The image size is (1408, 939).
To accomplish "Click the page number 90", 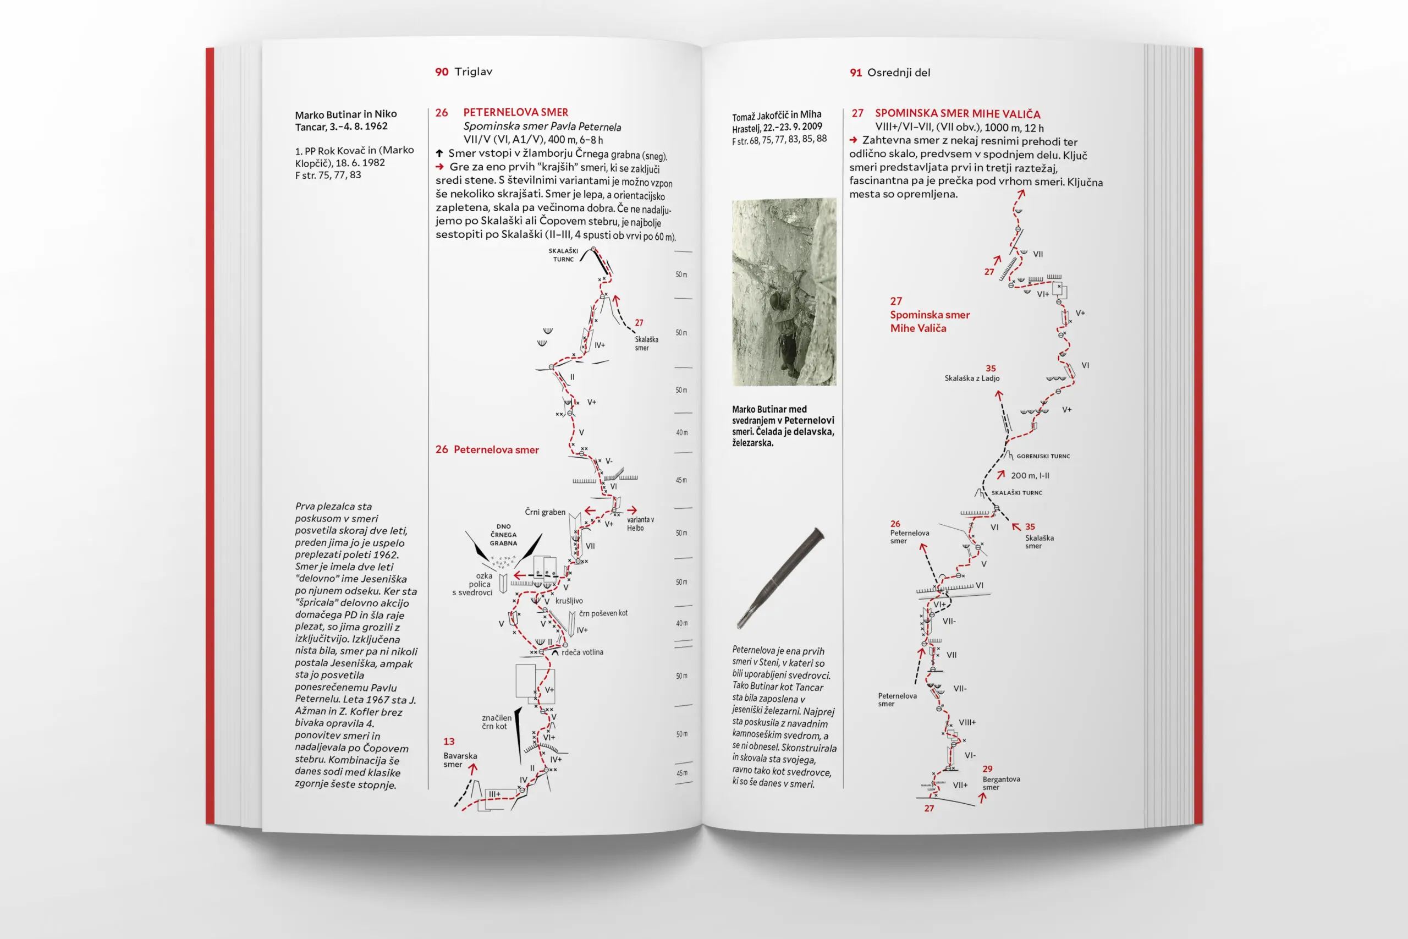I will click(x=441, y=72).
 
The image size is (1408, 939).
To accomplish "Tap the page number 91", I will click(x=855, y=73).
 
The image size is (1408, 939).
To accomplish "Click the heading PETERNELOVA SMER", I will click(x=515, y=112).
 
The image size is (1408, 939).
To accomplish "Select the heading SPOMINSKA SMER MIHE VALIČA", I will click(x=957, y=113).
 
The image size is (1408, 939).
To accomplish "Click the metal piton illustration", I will click(x=780, y=578).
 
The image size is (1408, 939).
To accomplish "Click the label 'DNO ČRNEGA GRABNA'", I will click(x=503, y=535).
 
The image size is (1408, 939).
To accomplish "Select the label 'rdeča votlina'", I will click(x=582, y=652).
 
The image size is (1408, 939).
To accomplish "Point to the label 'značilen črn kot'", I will click(x=496, y=722).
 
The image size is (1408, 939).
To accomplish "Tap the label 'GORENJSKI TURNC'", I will click(x=1043, y=457).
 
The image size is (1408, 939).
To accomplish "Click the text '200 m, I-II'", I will click(x=1030, y=475).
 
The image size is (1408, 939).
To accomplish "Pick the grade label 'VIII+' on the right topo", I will click(x=967, y=722).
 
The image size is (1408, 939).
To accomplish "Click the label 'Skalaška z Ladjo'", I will click(x=972, y=378).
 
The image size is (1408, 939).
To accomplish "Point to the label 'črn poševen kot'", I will click(x=603, y=613).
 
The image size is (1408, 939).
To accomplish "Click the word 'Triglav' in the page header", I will click(x=473, y=72).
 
